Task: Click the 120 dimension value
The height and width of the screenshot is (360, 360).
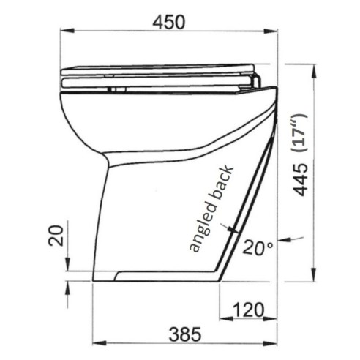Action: coord(250,310)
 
